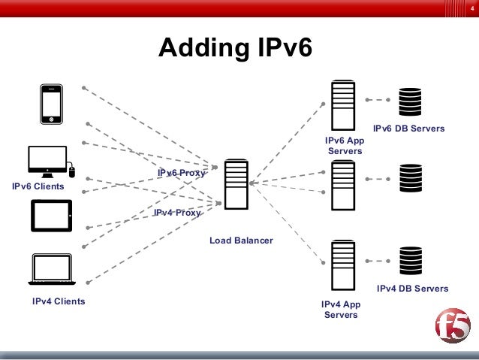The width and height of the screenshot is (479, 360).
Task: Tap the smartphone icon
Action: point(51,103)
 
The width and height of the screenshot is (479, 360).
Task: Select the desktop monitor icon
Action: point(47,160)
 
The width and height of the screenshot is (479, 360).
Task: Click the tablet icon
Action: point(51,216)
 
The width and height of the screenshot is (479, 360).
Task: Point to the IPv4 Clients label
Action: point(59,301)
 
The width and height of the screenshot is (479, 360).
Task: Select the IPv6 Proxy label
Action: point(181,173)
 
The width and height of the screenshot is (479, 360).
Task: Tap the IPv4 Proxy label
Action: point(177,213)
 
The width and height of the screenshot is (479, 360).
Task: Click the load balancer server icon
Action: point(236,184)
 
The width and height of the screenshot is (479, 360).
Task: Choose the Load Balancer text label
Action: point(241,241)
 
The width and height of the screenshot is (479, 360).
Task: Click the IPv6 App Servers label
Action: point(344,146)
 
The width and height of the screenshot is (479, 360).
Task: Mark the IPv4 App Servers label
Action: point(341,310)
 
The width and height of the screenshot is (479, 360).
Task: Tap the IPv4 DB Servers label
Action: point(412,289)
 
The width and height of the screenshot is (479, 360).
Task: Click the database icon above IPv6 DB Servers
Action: point(410,101)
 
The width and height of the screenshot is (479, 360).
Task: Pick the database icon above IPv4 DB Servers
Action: point(410,260)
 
